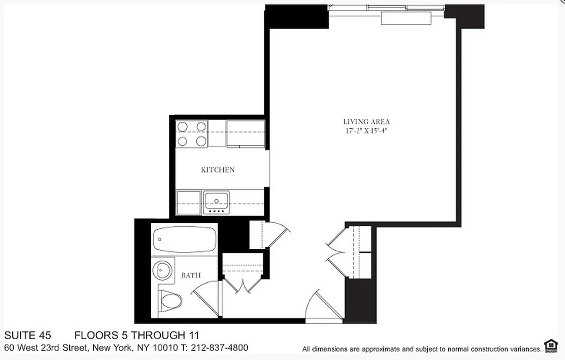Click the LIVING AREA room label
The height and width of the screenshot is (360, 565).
coord(366,121)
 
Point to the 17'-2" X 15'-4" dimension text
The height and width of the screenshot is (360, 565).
coord(366,131)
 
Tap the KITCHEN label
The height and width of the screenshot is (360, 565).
coord(217,170)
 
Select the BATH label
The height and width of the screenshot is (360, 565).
coord(191,275)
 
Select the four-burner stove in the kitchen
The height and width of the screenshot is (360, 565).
coord(192,134)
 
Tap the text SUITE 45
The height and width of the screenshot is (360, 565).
coord(27,335)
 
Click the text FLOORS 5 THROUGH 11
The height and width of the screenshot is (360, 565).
coord(136,335)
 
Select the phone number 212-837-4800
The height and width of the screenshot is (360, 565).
coord(219,348)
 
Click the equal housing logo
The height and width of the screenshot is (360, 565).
coord(550,346)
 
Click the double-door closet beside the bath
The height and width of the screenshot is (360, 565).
coord(243,274)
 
